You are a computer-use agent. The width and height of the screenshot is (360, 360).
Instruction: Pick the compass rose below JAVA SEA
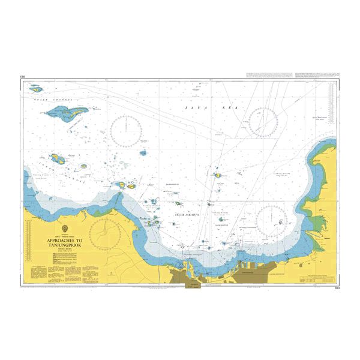[x=262, y=120]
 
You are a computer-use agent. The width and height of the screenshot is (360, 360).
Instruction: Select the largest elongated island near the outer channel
[x=75, y=112]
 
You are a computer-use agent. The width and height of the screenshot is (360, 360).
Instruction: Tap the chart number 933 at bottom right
[x=334, y=289]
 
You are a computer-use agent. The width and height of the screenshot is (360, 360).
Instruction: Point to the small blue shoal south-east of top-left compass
[x=143, y=153]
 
